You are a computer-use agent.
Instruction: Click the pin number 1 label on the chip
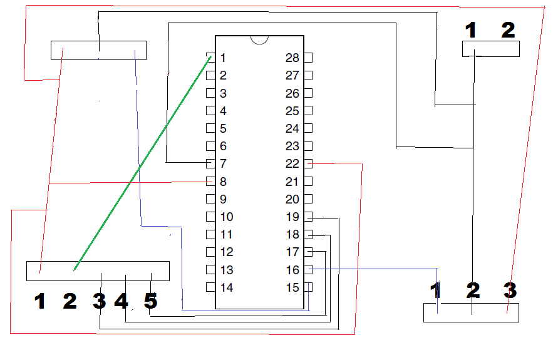tap(223, 58)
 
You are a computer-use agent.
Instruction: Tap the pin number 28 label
tap(292, 58)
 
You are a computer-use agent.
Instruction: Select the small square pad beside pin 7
tap(210, 163)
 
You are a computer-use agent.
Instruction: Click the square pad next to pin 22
tap(308, 163)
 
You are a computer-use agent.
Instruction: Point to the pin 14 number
tap(227, 287)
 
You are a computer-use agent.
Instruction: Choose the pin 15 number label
tap(292, 287)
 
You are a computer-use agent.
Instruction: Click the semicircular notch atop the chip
tap(259, 40)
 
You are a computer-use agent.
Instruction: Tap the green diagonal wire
tap(143, 163)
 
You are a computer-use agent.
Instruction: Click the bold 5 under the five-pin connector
tap(150, 301)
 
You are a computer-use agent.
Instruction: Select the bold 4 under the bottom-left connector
tap(121, 301)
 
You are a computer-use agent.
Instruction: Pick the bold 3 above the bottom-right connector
tap(510, 290)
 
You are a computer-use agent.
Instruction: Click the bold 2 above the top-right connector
tap(508, 30)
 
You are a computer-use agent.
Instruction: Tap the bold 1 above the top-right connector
tap(471, 30)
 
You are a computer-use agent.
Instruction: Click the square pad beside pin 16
tap(308, 269)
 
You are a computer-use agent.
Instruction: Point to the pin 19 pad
tap(308, 216)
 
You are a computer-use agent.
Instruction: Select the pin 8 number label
tap(223, 182)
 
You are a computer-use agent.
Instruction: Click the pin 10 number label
tap(227, 217)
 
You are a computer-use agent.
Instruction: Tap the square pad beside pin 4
tap(210, 111)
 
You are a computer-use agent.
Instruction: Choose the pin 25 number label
tap(292, 111)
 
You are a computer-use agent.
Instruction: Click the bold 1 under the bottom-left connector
tap(40, 301)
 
